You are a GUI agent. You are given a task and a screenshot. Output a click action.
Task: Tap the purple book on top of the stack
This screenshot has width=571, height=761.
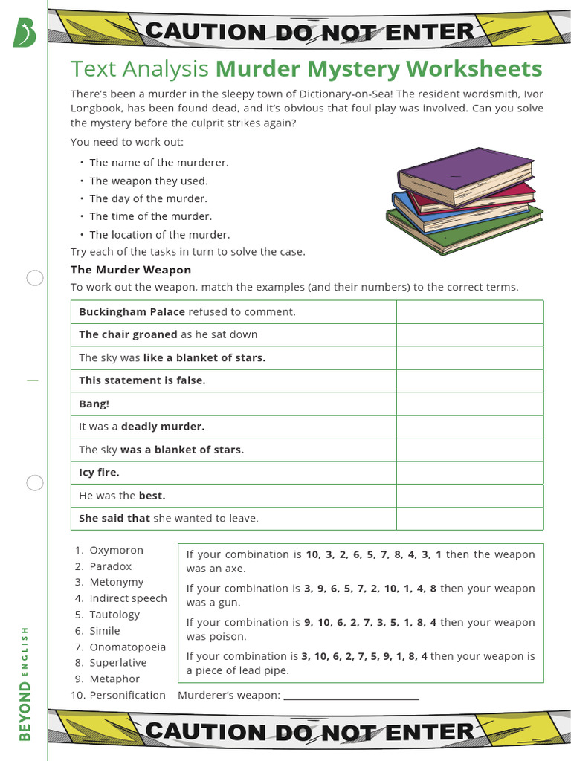pos(465,175)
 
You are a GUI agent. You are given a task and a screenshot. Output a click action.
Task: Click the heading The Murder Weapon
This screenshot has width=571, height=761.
pos(131,270)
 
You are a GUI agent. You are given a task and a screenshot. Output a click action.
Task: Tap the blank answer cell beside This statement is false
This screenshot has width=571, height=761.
pos(469,380)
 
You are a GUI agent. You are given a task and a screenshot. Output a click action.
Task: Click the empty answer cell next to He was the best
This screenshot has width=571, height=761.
pos(469,496)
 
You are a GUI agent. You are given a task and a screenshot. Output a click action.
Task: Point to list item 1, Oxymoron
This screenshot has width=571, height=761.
pos(116,550)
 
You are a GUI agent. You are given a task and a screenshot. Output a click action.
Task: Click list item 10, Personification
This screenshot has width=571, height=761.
pos(127,695)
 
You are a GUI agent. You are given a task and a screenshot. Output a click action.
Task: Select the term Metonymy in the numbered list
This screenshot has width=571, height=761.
pos(116,582)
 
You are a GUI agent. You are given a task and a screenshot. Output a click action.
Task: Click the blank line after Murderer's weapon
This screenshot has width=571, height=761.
pos(351,696)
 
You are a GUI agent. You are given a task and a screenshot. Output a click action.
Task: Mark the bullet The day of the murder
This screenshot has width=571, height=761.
pos(148,198)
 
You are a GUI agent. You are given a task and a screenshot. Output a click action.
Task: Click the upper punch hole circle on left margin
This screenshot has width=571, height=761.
pos(35,279)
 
